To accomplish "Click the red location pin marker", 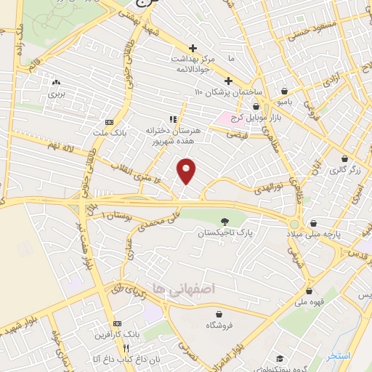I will click(x=187, y=171).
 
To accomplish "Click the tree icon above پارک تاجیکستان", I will click(x=224, y=222).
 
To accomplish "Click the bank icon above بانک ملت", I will click(x=109, y=121).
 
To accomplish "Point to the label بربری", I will click(x=57, y=94).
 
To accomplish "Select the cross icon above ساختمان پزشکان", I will click(x=228, y=81).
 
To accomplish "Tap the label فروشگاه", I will click(x=219, y=325).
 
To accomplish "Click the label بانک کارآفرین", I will click(x=115, y=336).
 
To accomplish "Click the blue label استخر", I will click(x=338, y=356).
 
